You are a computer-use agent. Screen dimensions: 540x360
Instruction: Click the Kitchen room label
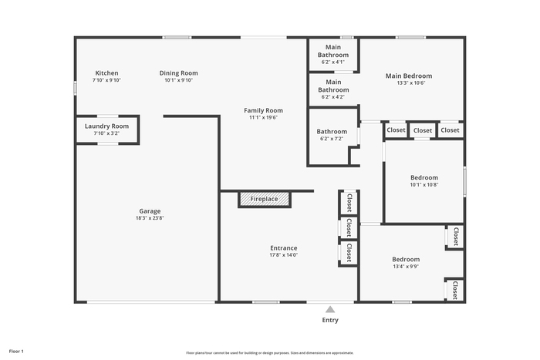tap(106, 73)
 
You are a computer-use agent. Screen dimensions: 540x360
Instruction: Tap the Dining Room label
tap(178, 73)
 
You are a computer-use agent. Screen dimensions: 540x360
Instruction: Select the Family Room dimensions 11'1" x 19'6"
tap(264, 117)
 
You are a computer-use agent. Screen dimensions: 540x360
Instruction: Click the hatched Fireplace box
tap(265, 200)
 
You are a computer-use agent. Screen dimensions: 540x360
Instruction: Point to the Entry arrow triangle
tap(330, 309)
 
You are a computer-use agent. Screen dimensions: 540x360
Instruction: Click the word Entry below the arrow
tap(330, 320)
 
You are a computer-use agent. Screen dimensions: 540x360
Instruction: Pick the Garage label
tap(150, 211)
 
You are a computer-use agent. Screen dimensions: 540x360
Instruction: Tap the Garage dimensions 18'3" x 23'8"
tap(150, 218)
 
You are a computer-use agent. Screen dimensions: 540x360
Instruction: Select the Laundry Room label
tap(106, 126)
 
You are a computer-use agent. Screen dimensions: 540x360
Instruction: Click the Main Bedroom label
tap(409, 76)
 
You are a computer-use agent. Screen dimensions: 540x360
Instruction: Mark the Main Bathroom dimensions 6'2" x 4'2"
tap(333, 96)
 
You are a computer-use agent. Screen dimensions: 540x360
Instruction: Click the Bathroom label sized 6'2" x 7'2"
tap(332, 132)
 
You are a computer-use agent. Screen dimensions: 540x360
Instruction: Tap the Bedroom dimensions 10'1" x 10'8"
tap(424, 184)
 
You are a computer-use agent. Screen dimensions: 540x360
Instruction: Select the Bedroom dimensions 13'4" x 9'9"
tap(406, 267)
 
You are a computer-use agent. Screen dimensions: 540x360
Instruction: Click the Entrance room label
tap(284, 248)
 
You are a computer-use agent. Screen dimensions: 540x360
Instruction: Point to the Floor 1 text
tap(16, 352)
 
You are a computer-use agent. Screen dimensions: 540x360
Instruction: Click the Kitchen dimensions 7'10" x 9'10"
tap(106, 80)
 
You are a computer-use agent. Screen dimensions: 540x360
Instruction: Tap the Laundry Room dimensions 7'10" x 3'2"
tap(106, 133)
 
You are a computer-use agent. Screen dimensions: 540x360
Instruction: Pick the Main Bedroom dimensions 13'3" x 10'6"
tap(411, 83)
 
